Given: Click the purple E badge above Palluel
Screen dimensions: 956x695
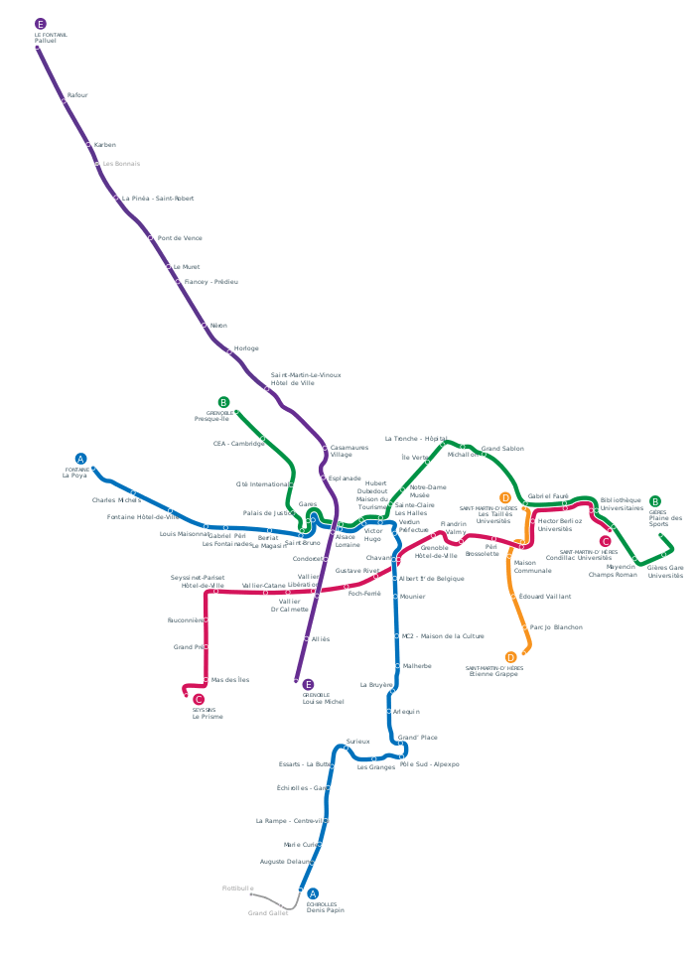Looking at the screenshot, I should pyautogui.click(x=40, y=24).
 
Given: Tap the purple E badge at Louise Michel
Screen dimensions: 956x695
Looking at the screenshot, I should pyautogui.click(x=308, y=685).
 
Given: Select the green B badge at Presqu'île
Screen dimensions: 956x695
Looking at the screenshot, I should pyautogui.click(x=223, y=402).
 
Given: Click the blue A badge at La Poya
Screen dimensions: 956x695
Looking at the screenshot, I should pyautogui.click(x=81, y=459).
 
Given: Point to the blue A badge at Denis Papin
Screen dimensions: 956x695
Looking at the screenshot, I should pyautogui.click(x=313, y=893).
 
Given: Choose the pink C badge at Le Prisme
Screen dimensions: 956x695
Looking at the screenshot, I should pyautogui.click(x=199, y=700).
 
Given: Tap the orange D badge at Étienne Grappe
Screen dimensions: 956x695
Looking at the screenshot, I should pyautogui.click(x=510, y=657).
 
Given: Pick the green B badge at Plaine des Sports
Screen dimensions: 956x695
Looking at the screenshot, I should pyautogui.click(x=654, y=501).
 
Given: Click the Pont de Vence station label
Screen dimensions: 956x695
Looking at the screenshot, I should pyautogui.click(x=180, y=238).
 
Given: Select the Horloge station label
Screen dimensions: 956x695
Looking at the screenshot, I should pyautogui.click(x=245, y=348).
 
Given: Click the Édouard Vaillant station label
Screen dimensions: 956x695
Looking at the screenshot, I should pyautogui.click(x=544, y=597).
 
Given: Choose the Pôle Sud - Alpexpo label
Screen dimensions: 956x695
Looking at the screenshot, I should pyautogui.click(x=429, y=765).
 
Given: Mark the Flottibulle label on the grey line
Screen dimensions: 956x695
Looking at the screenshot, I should pyautogui.click(x=238, y=888).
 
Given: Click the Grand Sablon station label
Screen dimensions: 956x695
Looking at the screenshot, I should pyautogui.click(x=502, y=449).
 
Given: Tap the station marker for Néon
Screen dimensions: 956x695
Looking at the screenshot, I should pyautogui.click(x=205, y=325).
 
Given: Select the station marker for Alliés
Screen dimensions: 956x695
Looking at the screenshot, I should pyautogui.click(x=306, y=639).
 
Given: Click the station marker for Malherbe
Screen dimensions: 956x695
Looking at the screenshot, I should pyautogui.click(x=396, y=666).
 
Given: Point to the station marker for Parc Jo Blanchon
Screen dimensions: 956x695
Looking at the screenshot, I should pyautogui.click(x=526, y=628).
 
